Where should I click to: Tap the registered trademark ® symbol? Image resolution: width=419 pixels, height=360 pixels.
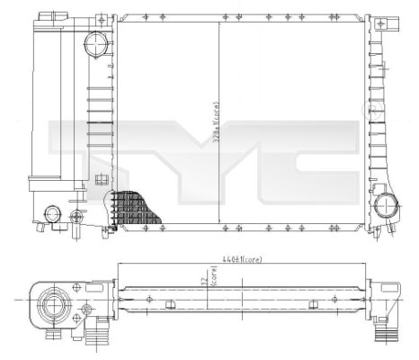(367, 109)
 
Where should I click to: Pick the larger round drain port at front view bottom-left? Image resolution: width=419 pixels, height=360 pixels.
(52, 213)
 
